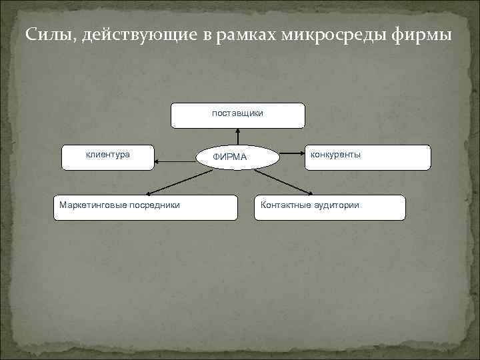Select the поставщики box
pyautogui.click(x=238, y=115)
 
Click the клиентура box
pyautogui.click(x=107, y=157)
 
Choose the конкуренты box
pyautogui.click(x=367, y=157)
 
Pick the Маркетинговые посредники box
pyautogui.click(x=146, y=207)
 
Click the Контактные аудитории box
pyautogui.click(x=329, y=207)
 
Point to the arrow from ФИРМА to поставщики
pyautogui.click(x=238, y=136)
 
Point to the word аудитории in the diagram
pyautogui.click(x=337, y=205)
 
